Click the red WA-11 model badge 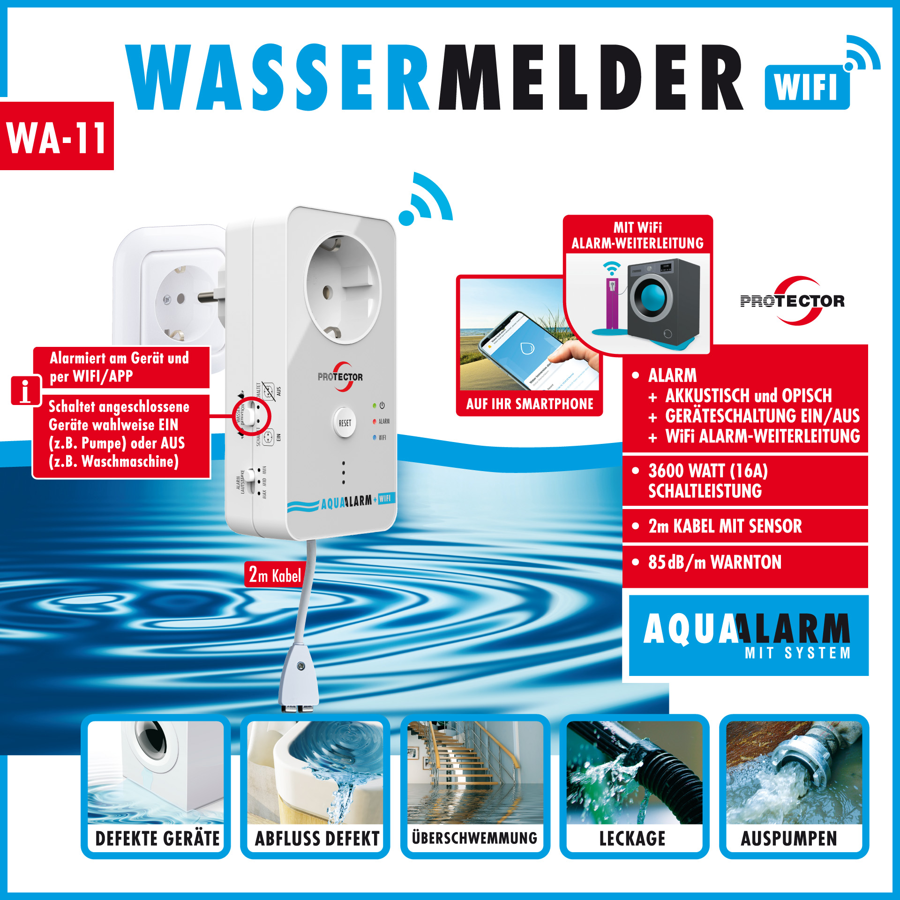click(x=56, y=136)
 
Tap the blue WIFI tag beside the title click(x=806, y=87)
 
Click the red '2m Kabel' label click(x=275, y=575)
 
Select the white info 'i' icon click(x=26, y=390)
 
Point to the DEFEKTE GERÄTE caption click(x=157, y=838)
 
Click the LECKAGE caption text click(x=632, y=838)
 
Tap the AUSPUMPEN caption click(x=789, y=838)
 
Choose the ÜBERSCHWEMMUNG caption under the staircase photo click(x=474, y=838)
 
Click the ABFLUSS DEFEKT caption click(x=317, y=838)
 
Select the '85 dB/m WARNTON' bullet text click(x=714, y=562)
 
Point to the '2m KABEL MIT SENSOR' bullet click(x=725, y=526)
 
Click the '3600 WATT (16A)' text click(x=708, y=471)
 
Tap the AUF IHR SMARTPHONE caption click(x=529, y=404)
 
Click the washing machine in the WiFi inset click(x=662, y=300)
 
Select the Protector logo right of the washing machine click(x=793, y=300)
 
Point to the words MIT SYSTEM click(x=797, y=653)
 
